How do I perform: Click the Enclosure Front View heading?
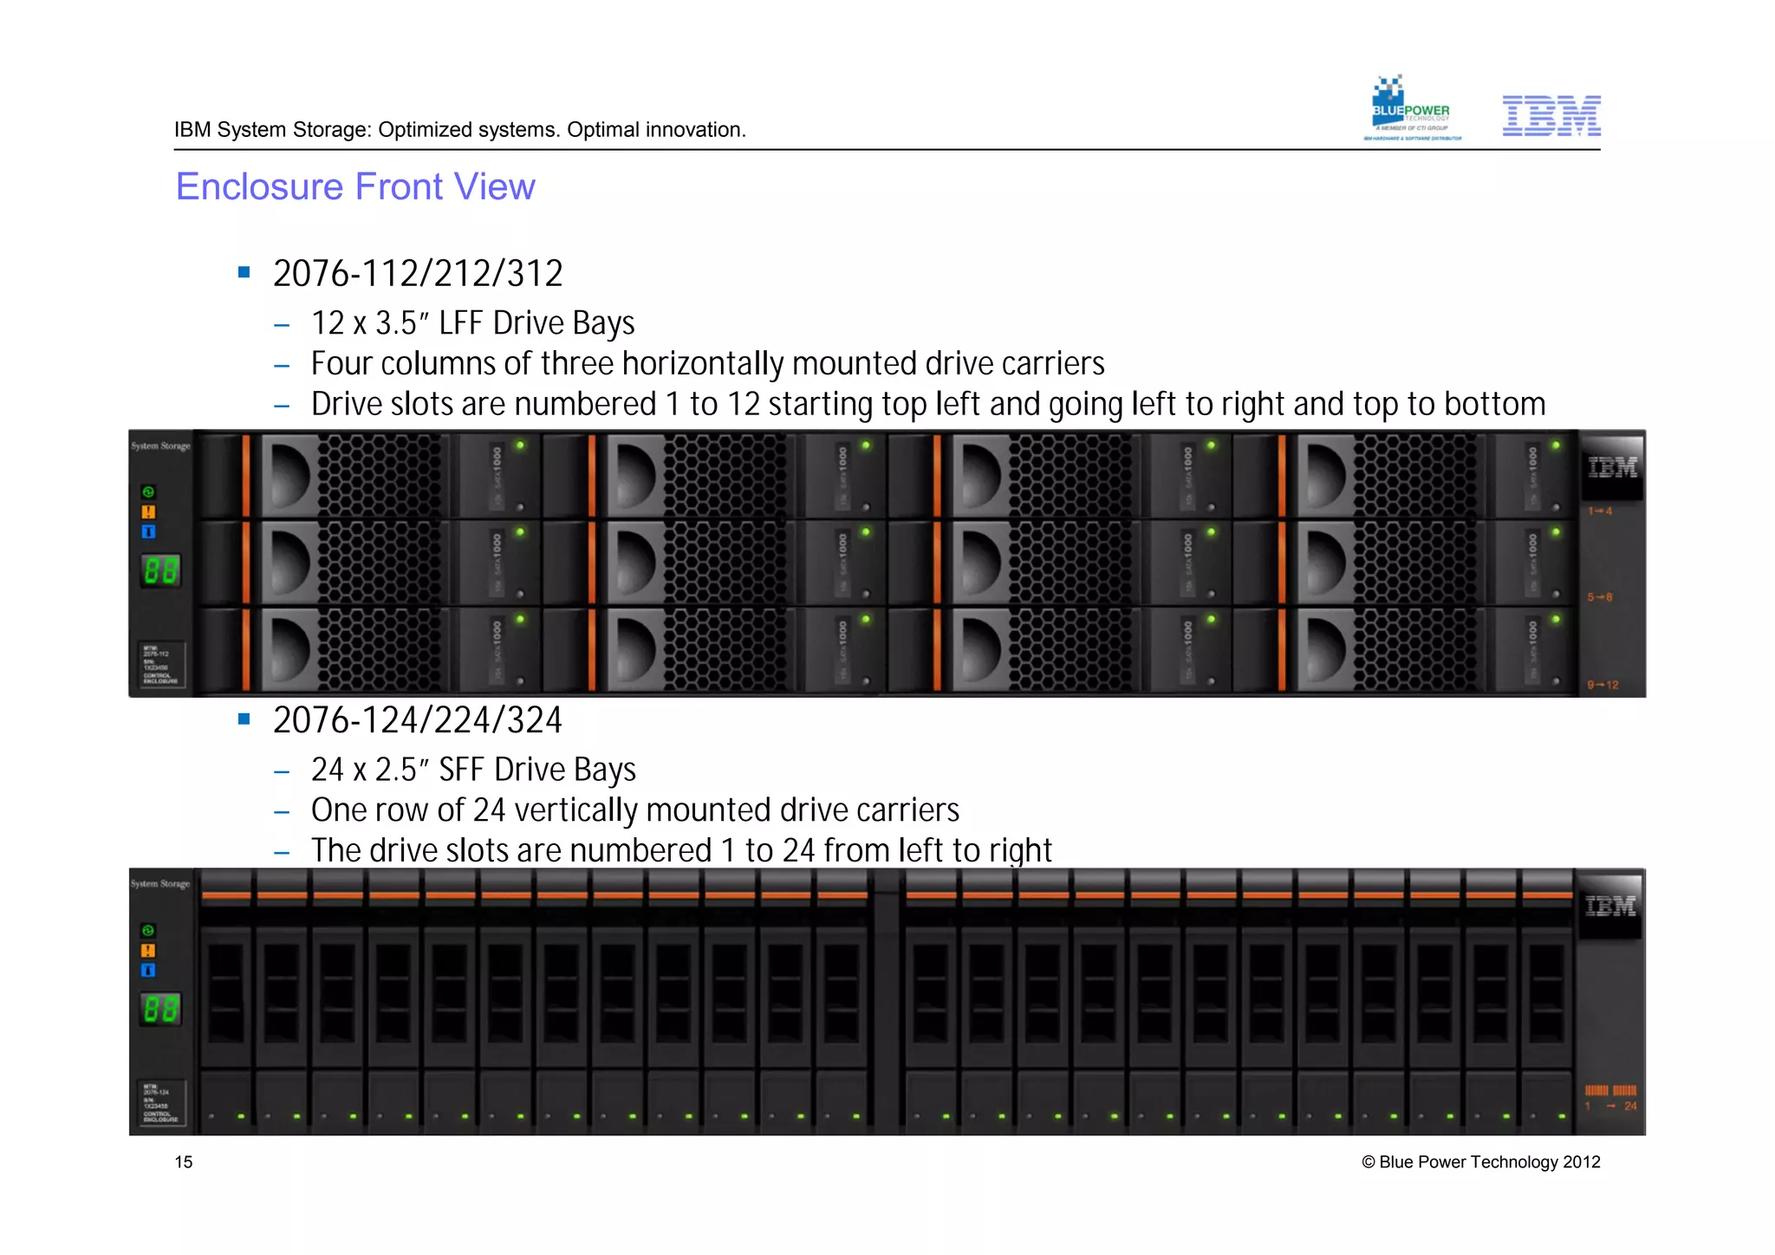click(355, 186)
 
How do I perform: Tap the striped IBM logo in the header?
click(1551, 115)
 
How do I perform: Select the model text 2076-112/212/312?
click(418, 274)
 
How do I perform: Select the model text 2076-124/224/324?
click(418, 720)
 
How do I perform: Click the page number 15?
click(184, 1162)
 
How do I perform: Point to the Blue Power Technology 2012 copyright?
click(1480, 1162)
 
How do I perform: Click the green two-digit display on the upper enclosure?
click(160, 570)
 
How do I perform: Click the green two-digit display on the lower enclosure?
click(160, 1009)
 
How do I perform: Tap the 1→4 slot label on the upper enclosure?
click(1600, 511)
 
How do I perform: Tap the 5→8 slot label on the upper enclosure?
click(1600, 597)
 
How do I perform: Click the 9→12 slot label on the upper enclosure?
click(1603, 685)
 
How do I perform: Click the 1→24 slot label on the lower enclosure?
click(1610, 1106)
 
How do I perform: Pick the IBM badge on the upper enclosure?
click(1611, 468)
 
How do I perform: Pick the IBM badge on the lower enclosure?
click(1609, 907)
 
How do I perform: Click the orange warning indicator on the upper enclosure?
click(148, 512)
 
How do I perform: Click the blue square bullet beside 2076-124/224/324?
click(244, 719)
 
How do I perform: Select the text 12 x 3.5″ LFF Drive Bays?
click(472, 323)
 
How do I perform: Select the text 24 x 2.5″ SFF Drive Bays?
click(473, 770)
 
